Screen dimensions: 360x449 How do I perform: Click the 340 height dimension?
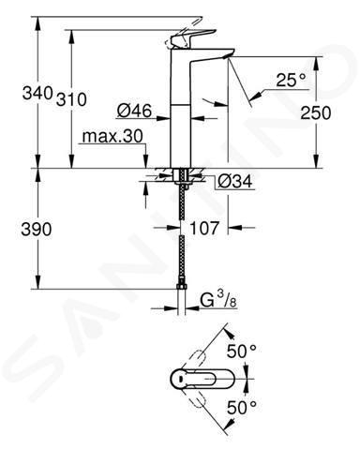(x=37, y=93)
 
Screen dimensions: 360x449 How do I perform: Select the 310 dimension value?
(x=71, y=99)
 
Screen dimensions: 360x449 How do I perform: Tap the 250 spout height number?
(x=315, y=112)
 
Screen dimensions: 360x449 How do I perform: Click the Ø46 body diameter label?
(x=134, y=111)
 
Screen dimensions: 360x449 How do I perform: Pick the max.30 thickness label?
(x=112, y=136)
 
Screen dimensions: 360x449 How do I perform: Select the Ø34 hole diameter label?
(x=235, y=181)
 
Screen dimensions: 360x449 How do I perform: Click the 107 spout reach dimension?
(x=204, y=228)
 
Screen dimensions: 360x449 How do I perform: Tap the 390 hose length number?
(x=36, y=230)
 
